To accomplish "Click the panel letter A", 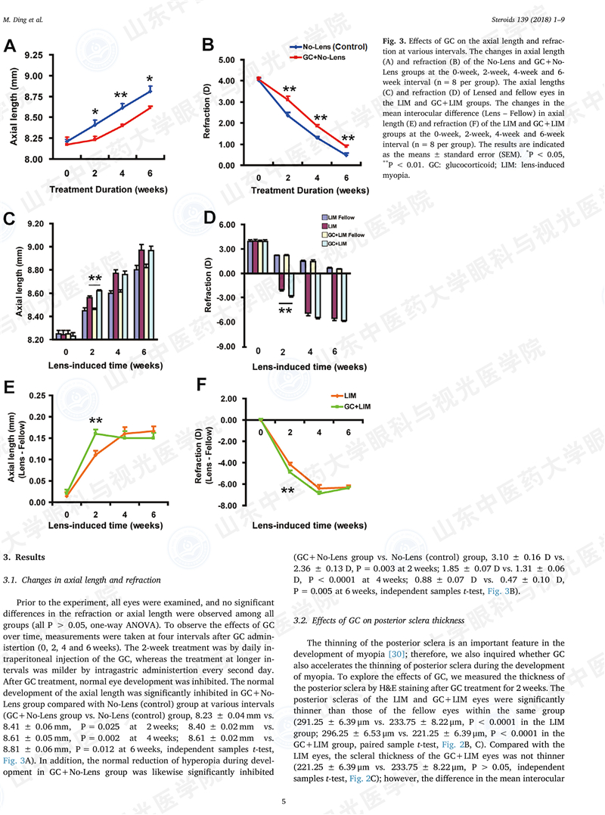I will click(x=10, y=47).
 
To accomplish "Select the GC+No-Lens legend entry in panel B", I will click(x=323, y=57).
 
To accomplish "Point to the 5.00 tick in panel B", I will click(x=227, y=59).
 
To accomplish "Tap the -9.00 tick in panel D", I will click(x=227, y=347).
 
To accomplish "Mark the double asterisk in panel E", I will click(x=96, y=421).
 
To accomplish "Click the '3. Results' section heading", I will click(x=25, y=557).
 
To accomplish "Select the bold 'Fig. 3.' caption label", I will click(x=394, y=39).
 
